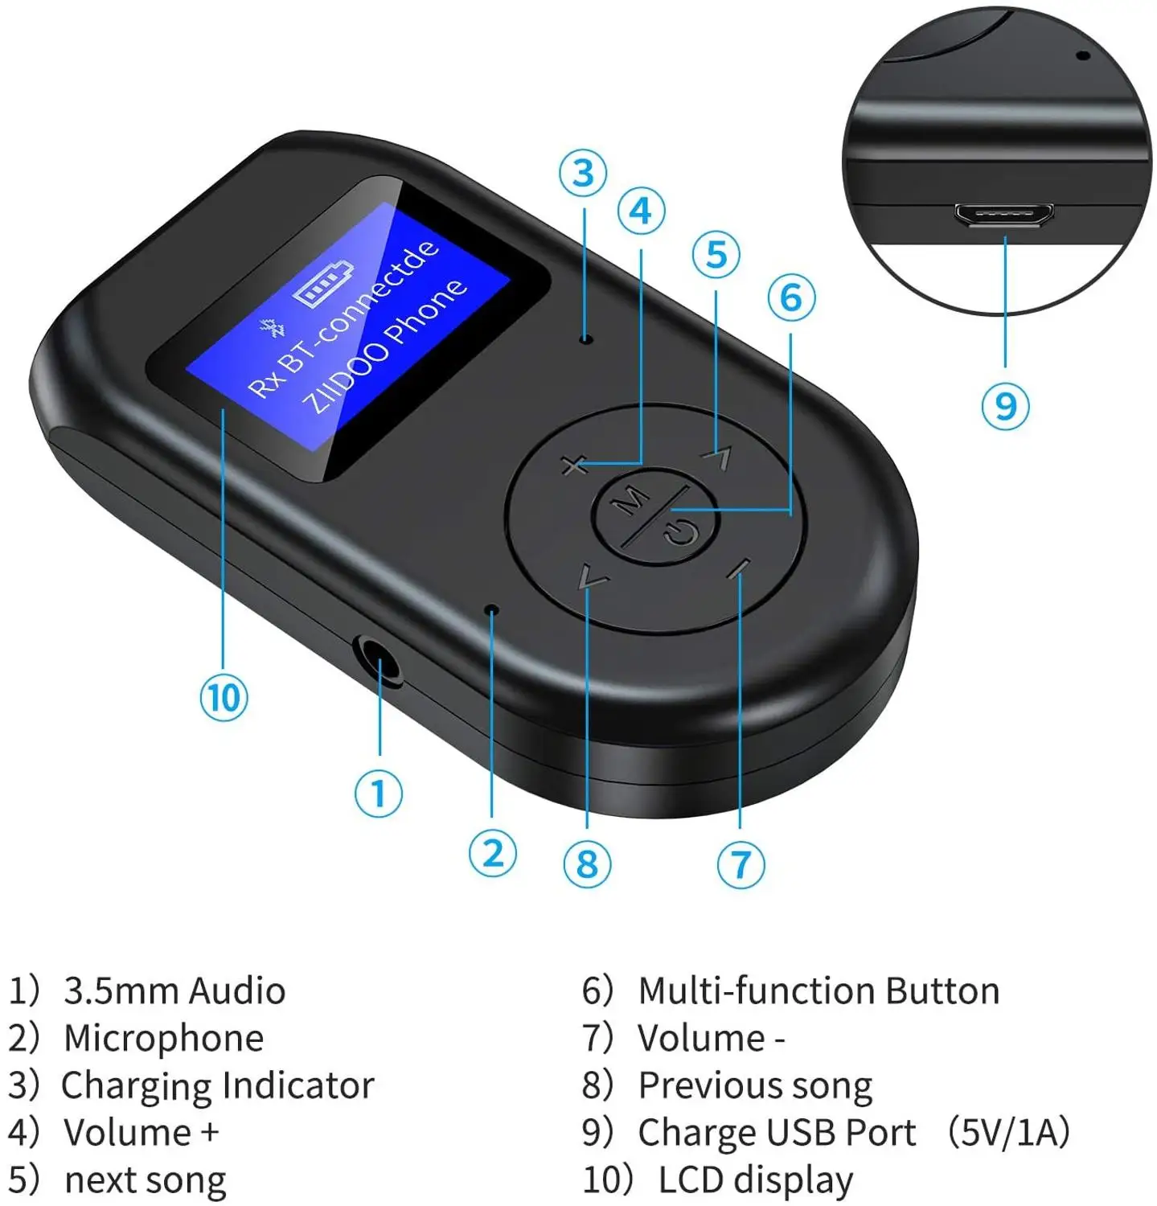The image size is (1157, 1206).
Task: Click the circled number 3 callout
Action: click(x=583, y=173)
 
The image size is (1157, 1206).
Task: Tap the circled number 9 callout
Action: click(x=1005, y=405)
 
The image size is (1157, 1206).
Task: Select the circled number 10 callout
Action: click(x=223, y=697)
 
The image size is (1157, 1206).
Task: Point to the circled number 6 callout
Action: click(x=791, y=297)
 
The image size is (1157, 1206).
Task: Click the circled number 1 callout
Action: click(x=378, y=794)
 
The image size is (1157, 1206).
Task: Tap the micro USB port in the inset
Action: click(x=1004, y=215)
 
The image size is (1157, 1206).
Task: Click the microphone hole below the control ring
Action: click(x=492, y=611)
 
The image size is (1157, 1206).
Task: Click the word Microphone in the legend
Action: click(x=163, y=1038)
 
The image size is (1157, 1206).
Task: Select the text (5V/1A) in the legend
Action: click(x=1007, y=1132)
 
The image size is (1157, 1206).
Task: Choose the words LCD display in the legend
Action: click(x=755, y=1179)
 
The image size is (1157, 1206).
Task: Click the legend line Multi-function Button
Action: click(x=818, y=991)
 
